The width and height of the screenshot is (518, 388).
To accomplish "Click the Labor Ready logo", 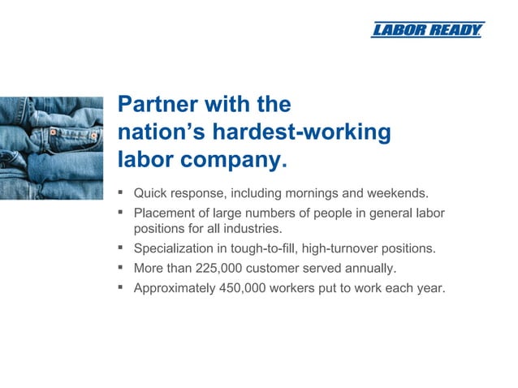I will coord(427,30).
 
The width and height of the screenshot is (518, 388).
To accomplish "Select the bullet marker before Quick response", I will coord(119,193).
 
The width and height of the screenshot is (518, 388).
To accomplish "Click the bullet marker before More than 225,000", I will coord(119,266).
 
